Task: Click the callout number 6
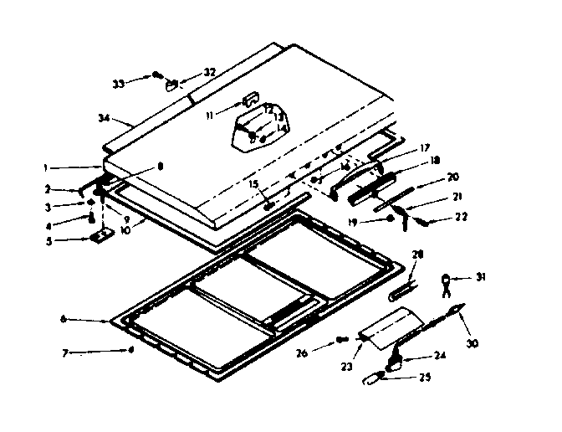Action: (x=64, y=319)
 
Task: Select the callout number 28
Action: (x=418, y=254)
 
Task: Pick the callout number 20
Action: (x=453, y=177)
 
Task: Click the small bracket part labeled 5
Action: (x=101, y=239)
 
